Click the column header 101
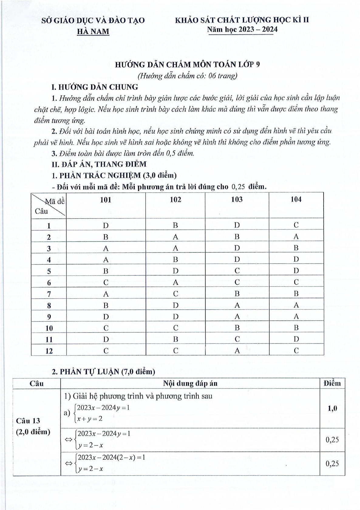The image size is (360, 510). coord(106,200)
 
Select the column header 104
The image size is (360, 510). coord(296,199)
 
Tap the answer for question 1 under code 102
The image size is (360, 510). coord(175,225)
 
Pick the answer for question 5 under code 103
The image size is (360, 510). coord(237,271)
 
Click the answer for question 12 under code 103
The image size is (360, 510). coord(237,351)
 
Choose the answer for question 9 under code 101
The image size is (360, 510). coord(106,317)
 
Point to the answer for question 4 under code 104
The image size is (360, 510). coord(296,259)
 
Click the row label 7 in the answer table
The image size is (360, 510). coord(49,294)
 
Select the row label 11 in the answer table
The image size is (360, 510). coord(49,340)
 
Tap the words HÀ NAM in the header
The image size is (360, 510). coord(93,32)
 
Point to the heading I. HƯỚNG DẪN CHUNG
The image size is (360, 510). coord(95,87)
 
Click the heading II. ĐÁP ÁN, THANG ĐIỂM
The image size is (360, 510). coord(99,164)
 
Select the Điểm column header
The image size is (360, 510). coord(332,383)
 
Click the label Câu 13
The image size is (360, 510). coord(28,421)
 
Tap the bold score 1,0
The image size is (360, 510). coord(332,409)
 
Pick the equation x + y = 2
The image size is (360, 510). coord(90,419)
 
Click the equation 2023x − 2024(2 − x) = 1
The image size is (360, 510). coord(111,457)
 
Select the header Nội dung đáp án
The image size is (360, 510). coord(190,383)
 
